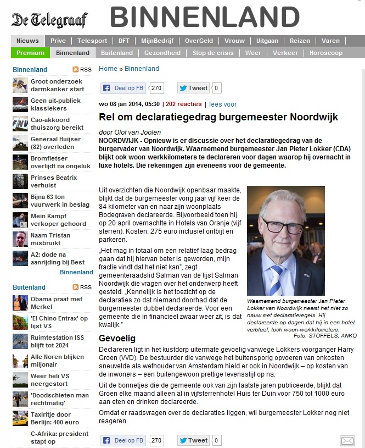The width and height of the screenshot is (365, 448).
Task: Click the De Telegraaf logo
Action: pos(49,20)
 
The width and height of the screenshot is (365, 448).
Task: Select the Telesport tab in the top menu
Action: pos(92,41)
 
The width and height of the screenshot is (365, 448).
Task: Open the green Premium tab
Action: pos(30,53)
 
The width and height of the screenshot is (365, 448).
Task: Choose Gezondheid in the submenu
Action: pos(162,53)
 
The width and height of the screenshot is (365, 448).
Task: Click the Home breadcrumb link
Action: pos(108,69)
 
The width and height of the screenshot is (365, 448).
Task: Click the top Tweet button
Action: pos(193,88)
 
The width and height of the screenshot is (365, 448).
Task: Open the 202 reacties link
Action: pos(184,104)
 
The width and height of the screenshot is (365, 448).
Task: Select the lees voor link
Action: pos(223,104)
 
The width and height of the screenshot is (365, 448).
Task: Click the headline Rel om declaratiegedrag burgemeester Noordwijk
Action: pos(218,117)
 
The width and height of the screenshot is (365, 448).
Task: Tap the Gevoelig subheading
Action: pos(117,338)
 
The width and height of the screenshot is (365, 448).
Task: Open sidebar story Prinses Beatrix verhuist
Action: pos(54,181)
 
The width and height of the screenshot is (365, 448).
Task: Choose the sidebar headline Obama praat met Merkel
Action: pos(57,302)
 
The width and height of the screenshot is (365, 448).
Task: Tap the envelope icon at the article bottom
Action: pos(347,440)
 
